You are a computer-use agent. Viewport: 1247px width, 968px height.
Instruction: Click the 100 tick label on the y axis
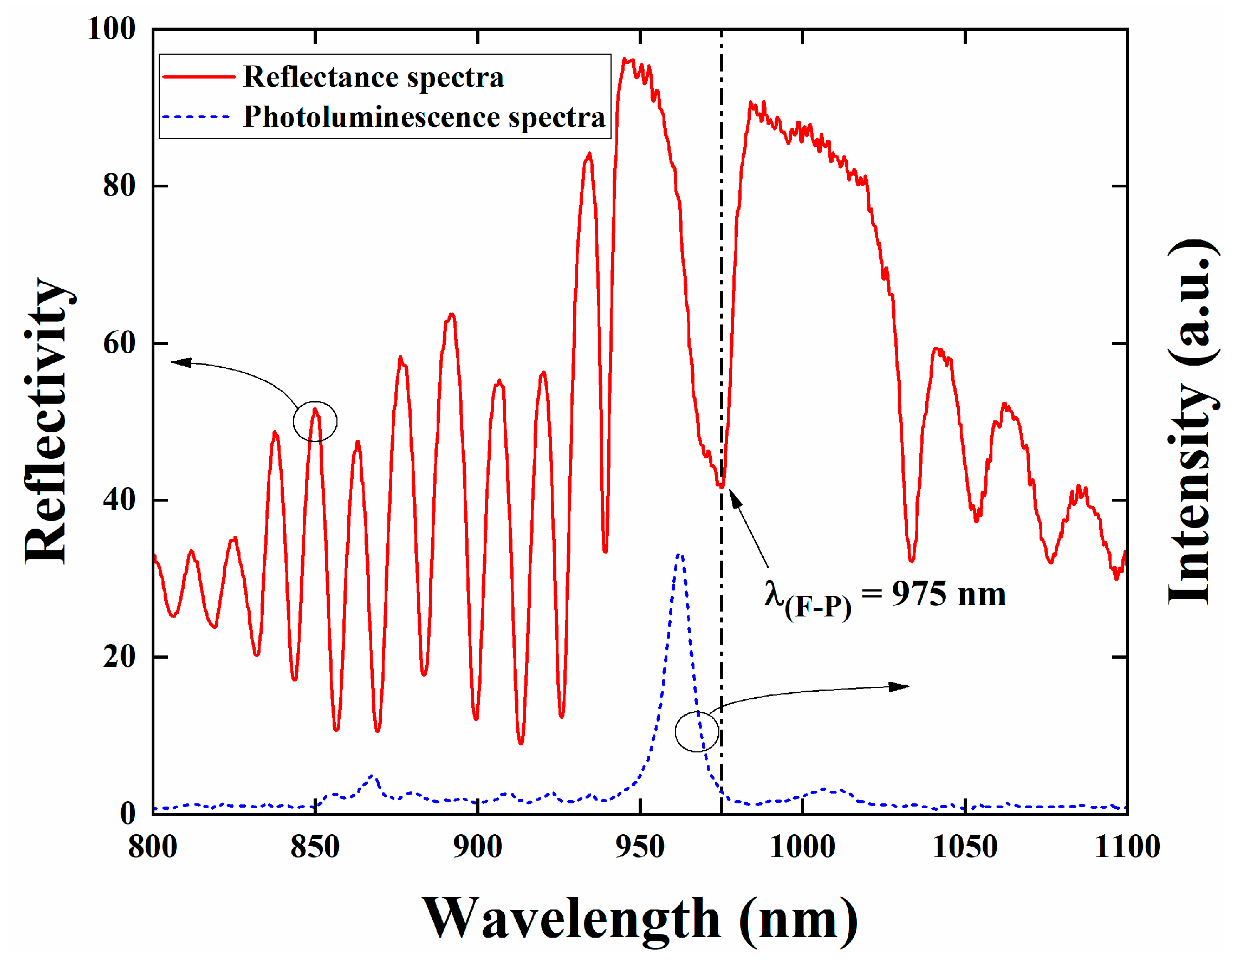point(112,29)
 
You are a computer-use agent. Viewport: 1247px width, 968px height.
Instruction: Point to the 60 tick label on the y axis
point(119,343)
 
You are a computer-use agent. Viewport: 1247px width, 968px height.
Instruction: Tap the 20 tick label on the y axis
point(119,657)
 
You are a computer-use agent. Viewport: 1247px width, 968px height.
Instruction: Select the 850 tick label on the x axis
point(315,846)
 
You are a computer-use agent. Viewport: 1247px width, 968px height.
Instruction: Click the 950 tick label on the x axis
point(640,846)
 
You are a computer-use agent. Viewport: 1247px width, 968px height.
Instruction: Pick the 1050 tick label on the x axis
point(965,846)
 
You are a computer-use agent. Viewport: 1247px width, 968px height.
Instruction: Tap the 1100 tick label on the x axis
point(1127,846)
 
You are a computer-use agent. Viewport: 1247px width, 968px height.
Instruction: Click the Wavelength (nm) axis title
point(640,919)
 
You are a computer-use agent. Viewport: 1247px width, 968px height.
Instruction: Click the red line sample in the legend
point(199,76)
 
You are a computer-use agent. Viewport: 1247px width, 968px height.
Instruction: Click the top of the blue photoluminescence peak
point(679,554)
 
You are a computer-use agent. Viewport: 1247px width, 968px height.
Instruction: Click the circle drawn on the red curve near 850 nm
point(315,421)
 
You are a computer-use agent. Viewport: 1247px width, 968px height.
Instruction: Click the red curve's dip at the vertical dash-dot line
point(722,486)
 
